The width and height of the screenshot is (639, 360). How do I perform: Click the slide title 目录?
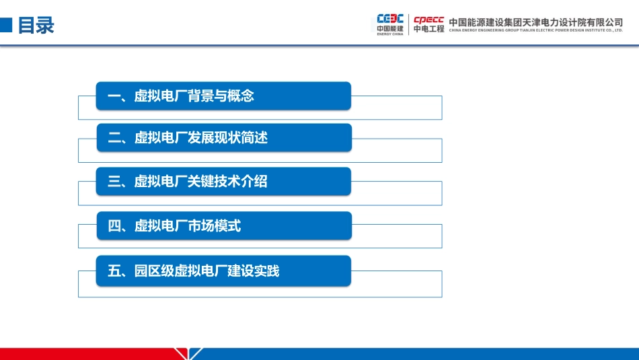pos(36,26)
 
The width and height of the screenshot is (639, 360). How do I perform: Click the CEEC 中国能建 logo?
pos(390,24)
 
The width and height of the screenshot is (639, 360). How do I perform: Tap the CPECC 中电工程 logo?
pos(428,24)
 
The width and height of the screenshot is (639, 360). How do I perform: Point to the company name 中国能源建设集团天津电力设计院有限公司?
pos(535,22)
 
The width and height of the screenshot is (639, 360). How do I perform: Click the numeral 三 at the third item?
pos(114,181)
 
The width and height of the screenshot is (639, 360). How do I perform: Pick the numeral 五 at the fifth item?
pos(114,271)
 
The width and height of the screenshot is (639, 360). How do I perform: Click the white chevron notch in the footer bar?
pos(188,354)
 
